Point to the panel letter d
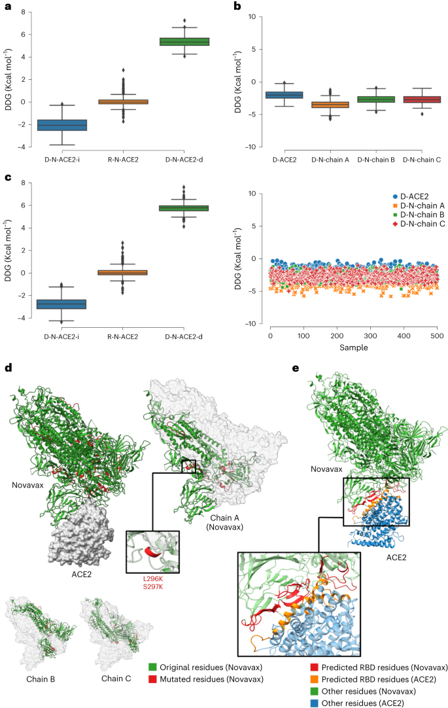point(8,368)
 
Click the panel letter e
point(295,368)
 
